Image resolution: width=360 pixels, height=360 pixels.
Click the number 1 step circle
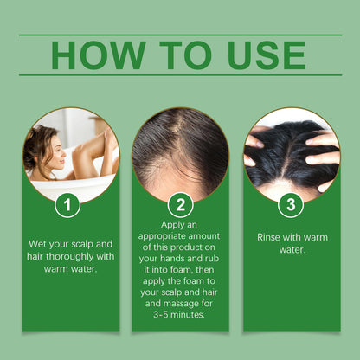67,205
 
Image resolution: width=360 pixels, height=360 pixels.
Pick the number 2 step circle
180,205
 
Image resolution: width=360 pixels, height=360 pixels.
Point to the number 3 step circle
291,205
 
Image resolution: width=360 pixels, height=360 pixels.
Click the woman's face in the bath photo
55,157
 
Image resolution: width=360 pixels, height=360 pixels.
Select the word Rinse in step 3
271,236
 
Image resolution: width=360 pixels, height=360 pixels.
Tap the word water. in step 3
291,249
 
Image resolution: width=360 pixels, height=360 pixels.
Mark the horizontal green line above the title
180,35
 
